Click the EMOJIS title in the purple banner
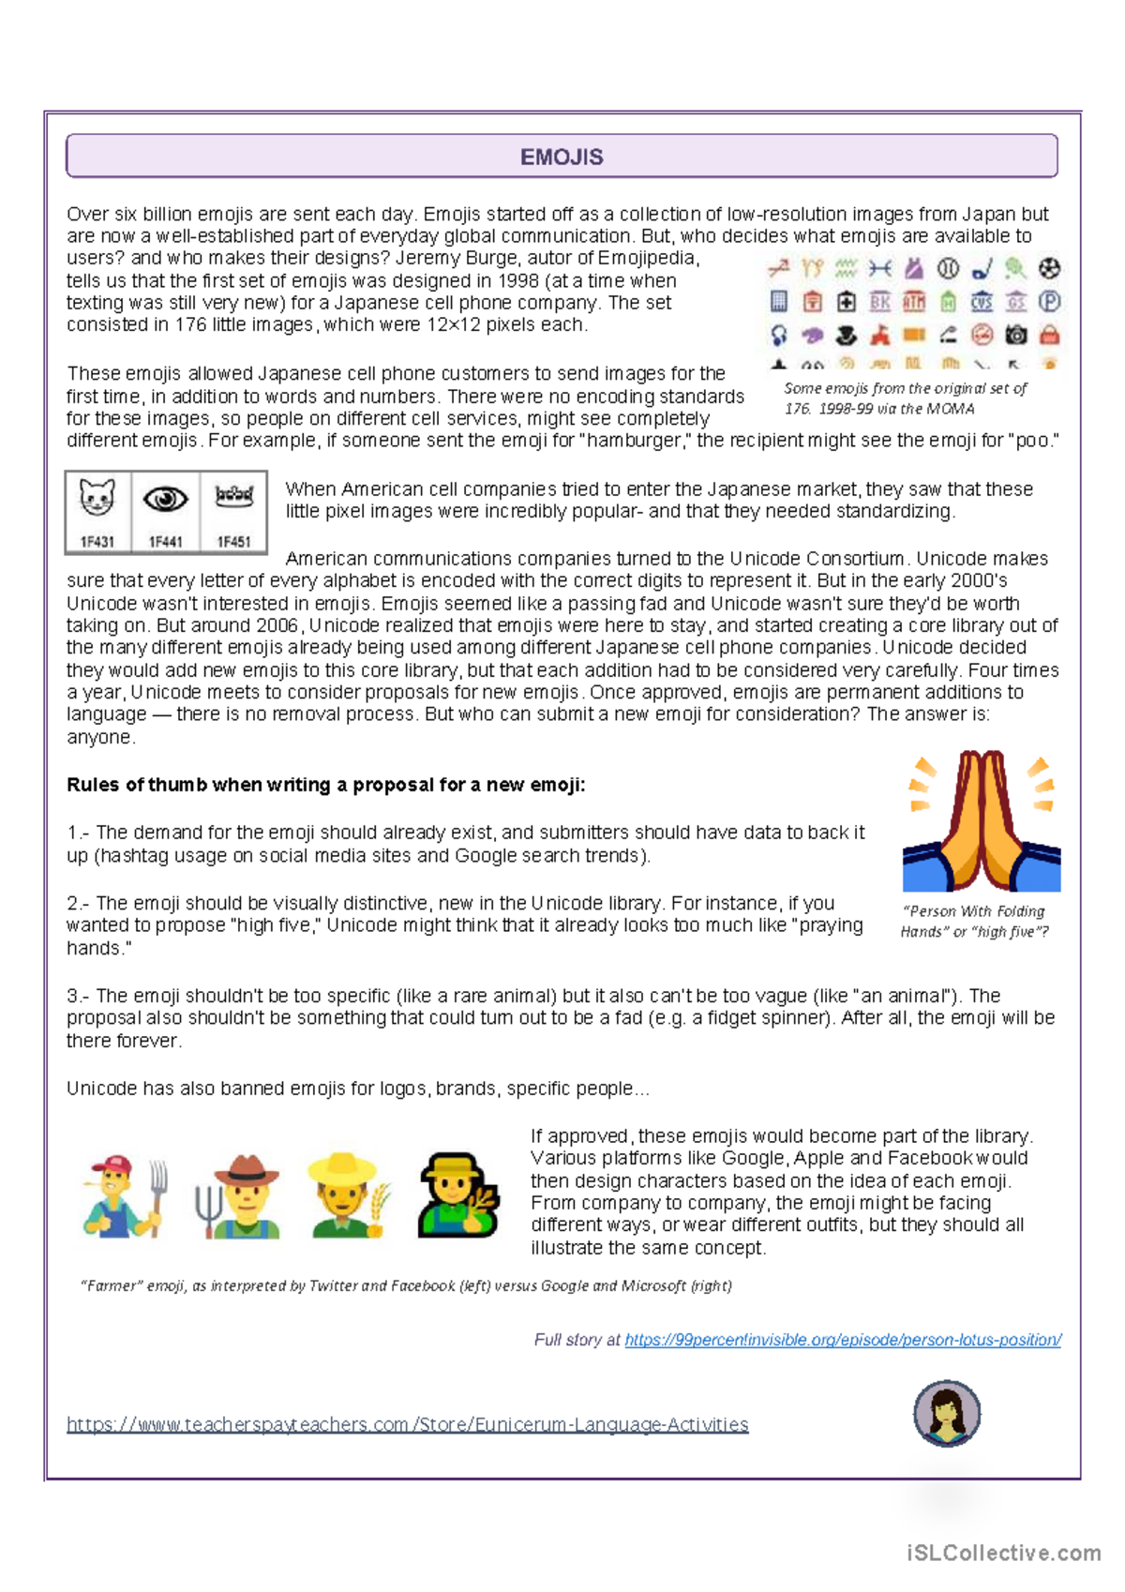(x=562, y=157)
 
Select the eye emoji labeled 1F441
(x=165, y=500)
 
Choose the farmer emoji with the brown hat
(x=239, y=1197)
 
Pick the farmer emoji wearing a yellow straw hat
(x=348, y=1197)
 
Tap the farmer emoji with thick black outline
(x=457, y=1196)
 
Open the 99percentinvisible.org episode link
(x=842, y=1340)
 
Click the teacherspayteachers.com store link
(x=407, y=1424)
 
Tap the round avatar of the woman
(x=947, y=1413)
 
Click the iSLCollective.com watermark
(x=1003, y=1553)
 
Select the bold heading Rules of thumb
(x=325, y=785)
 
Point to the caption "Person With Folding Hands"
(x=974, y=921)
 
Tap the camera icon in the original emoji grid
(x=1015, y=335)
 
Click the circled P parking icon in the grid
(x=1049, y=302)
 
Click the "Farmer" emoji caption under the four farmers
(x=406, y=1285)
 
